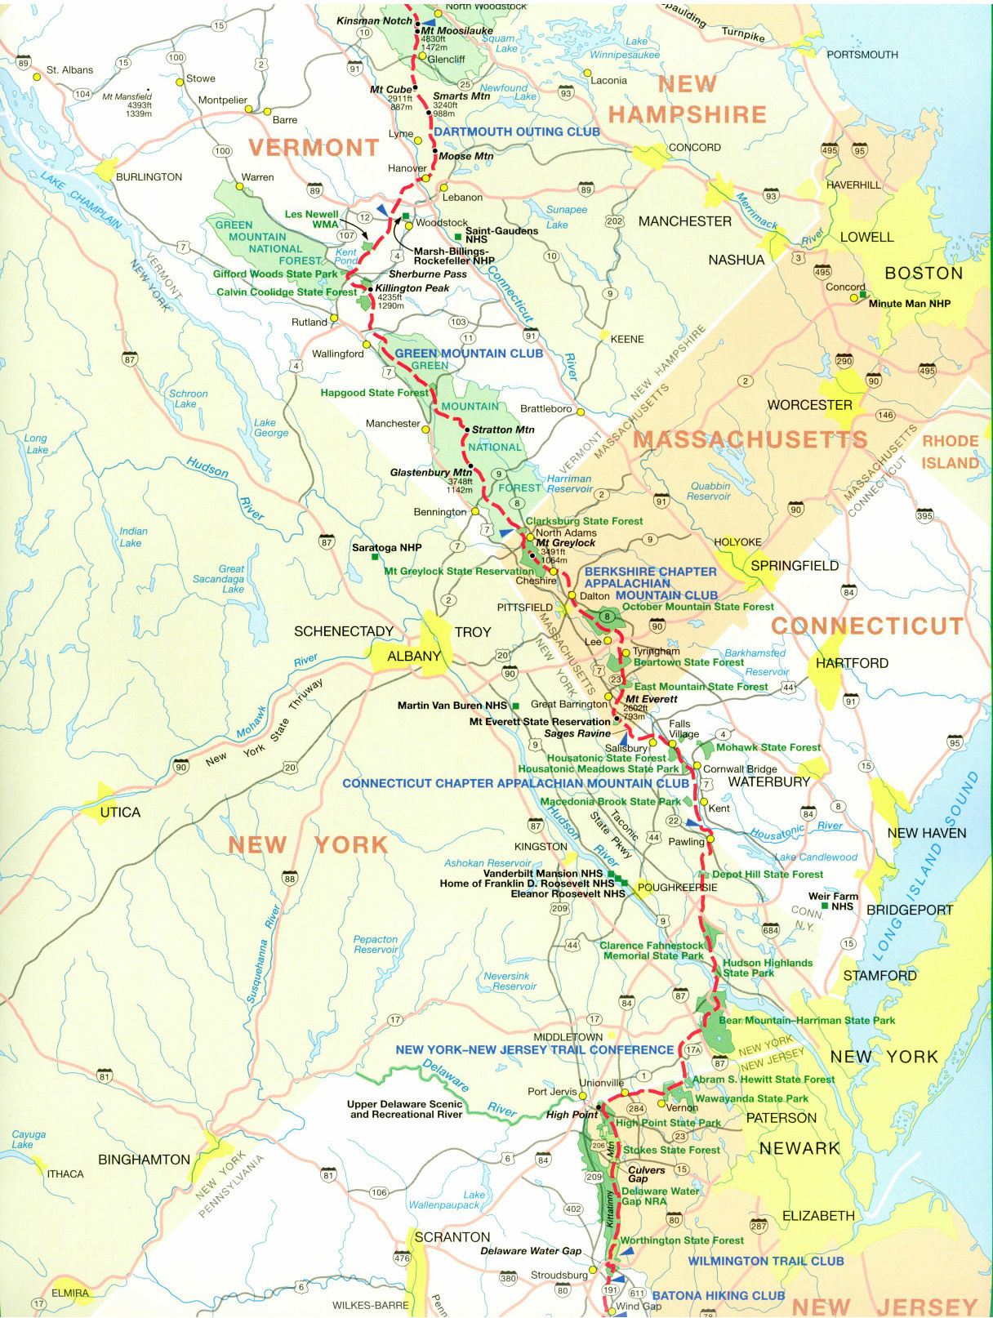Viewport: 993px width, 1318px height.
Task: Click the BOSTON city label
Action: pos(924,273)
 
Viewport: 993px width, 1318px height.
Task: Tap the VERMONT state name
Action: pos(314,148)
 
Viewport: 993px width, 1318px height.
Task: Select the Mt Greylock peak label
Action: pos(565,542)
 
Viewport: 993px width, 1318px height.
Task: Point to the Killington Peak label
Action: pos(412,288)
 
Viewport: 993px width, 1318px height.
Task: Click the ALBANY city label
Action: pos(413,656)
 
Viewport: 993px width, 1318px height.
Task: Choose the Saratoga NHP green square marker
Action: pos(375,558)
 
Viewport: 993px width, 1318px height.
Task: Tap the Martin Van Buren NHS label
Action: pos(452,705)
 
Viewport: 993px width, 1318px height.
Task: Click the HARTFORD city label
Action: pos(852,663)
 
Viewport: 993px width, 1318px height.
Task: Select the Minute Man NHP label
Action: pos(909,304)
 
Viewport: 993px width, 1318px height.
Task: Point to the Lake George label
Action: pos(270,428)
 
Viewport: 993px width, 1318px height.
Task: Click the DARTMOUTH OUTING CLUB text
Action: pos(516,131)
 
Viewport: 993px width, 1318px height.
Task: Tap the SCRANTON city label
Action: pos(452,1237)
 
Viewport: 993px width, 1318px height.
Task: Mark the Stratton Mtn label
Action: pos(502,430)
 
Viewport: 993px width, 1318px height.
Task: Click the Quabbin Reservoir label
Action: pos(709,491)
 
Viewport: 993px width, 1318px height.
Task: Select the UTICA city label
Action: pos(120,812)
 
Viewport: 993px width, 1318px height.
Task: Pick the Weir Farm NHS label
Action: pos(833,901)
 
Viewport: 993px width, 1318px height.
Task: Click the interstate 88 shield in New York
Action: pos(289,879)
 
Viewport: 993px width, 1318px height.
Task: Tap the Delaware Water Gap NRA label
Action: pos(660,1196)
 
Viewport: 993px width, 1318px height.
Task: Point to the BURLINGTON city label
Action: pos(149,177)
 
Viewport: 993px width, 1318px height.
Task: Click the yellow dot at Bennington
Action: pos(475,511)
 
